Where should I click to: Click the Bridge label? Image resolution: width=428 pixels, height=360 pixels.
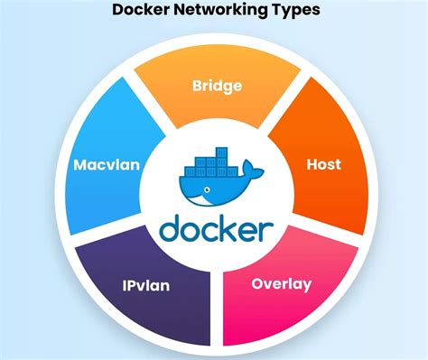[x=216, y=87]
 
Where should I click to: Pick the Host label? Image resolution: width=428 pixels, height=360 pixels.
[x=323, y=165]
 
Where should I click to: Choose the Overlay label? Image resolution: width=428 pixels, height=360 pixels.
[x=281, y=284]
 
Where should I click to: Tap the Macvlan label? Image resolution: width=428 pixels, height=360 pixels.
[x=106, y=165]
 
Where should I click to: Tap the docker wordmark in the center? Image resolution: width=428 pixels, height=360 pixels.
[x=216, y=228]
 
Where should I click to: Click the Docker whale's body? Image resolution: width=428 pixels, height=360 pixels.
[x=209, y=190]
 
